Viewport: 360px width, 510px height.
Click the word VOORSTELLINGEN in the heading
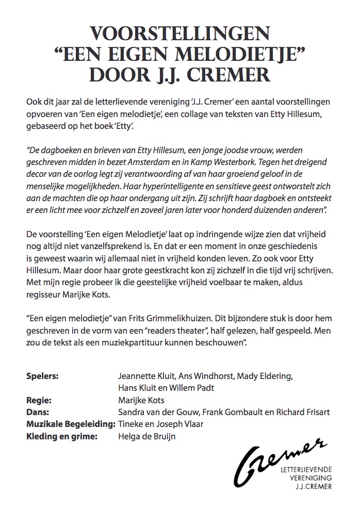point(180,36)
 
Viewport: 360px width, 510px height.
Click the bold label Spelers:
point(42,375)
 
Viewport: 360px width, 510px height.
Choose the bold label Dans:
point(37,412)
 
